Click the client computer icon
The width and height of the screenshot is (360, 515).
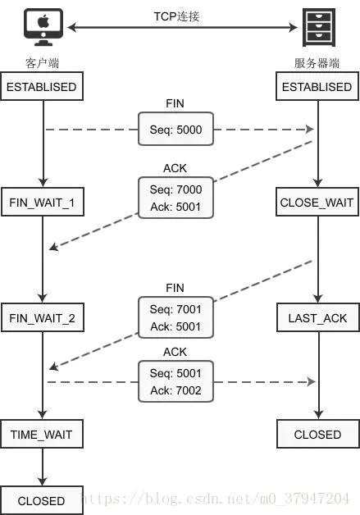pos(43,27)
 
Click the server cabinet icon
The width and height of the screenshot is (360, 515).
pos(318,27)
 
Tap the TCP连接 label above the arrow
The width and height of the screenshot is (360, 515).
pos(176,16)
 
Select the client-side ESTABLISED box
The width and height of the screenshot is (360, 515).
pos(42,86)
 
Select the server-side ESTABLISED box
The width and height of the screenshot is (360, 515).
pos(317,86)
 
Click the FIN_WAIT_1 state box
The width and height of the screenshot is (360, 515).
pos(43,202)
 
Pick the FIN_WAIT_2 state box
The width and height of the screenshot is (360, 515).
pos(43,317)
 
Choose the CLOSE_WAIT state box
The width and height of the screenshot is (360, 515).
pos(317,202)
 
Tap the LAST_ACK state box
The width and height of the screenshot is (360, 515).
pos(318,317)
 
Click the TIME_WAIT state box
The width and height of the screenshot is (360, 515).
pos(42,434)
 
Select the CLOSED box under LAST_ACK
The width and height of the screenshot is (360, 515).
pos(318,434)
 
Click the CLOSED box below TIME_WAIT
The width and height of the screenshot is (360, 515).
pos(42,500)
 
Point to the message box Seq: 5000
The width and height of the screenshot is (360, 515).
pos(175,129)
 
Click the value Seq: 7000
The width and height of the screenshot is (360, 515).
pos(175,189)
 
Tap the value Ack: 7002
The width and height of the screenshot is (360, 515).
pos(175,390)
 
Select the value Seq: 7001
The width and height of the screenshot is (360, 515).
pos(175,309)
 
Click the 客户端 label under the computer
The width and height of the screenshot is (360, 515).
pos(42,63)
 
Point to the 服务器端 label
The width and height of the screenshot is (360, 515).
pos(317,63)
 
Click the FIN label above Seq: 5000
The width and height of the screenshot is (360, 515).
pos(175,103)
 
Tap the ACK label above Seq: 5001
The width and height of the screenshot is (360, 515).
pos(175,352)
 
